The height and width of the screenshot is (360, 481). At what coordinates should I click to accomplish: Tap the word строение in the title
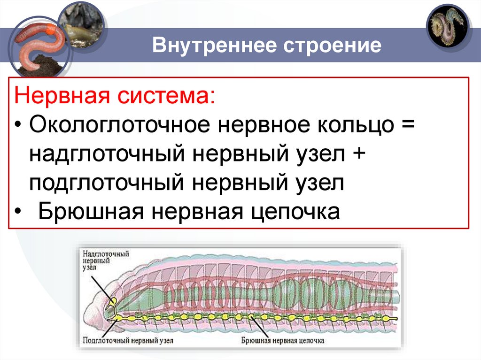(x=331, y=46)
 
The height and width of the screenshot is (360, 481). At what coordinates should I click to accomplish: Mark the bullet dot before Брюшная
(x=17, y=212)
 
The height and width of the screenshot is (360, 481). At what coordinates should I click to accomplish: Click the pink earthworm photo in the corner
(x=35, y=45)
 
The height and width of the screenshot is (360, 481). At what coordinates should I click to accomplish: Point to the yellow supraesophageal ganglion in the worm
(x=112, y=301)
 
